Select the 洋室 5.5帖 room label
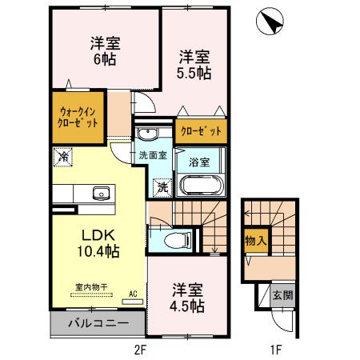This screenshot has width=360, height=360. click(194, 64)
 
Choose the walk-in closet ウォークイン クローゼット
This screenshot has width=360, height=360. click(78, 118)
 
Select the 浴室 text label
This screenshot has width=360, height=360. click(200, 161)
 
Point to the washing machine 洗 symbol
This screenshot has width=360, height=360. click(161, 187)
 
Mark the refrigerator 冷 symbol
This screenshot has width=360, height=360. click(62, 157)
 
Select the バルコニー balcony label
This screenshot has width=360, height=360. click(97, 323)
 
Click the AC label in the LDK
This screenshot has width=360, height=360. click(133, 294)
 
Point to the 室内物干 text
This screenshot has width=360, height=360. click(92, 286)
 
